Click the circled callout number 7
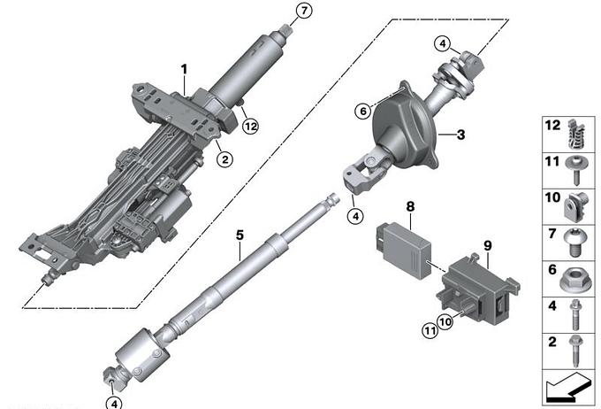[x=304, y=11]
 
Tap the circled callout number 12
[x=251, y=126]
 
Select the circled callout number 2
[x=224, y=159]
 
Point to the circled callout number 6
[x=363, y=112]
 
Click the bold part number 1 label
[x=185, y=70]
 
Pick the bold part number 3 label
[x=460, y=135]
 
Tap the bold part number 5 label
[x=240, y=235]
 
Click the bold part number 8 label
[x=410, y=206]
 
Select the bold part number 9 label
[x=488, y=245]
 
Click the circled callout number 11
[x=430, y=330]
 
